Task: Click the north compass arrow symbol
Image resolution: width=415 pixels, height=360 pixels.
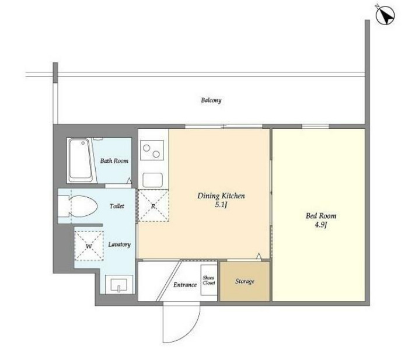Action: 385,15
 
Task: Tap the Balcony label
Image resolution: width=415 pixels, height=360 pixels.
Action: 211,100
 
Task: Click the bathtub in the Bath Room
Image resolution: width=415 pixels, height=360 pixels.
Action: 81,160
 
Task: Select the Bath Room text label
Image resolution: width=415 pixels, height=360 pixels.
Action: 114,161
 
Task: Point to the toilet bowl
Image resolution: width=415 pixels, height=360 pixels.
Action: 78,207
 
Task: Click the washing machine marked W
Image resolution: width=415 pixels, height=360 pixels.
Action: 89,246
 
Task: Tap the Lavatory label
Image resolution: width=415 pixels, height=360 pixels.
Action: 120,244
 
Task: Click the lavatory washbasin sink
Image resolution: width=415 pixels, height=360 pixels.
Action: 119,284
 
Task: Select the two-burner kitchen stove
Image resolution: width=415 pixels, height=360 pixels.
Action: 152,151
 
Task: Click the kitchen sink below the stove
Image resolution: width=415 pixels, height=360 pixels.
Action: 153,180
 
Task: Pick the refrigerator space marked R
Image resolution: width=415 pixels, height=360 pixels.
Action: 154,205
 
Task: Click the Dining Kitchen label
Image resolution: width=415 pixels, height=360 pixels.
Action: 221,196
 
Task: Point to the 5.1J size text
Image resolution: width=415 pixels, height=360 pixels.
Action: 221,205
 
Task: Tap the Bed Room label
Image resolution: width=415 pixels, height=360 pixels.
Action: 321,216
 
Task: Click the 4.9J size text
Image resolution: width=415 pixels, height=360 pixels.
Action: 321,225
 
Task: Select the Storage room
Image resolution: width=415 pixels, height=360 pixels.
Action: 245,281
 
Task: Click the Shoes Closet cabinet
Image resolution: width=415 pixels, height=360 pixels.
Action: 209,280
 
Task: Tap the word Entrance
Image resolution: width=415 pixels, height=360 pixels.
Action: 185,285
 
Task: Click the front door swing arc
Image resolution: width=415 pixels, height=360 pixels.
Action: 191,331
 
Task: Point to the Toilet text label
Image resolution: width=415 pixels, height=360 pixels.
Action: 117,206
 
